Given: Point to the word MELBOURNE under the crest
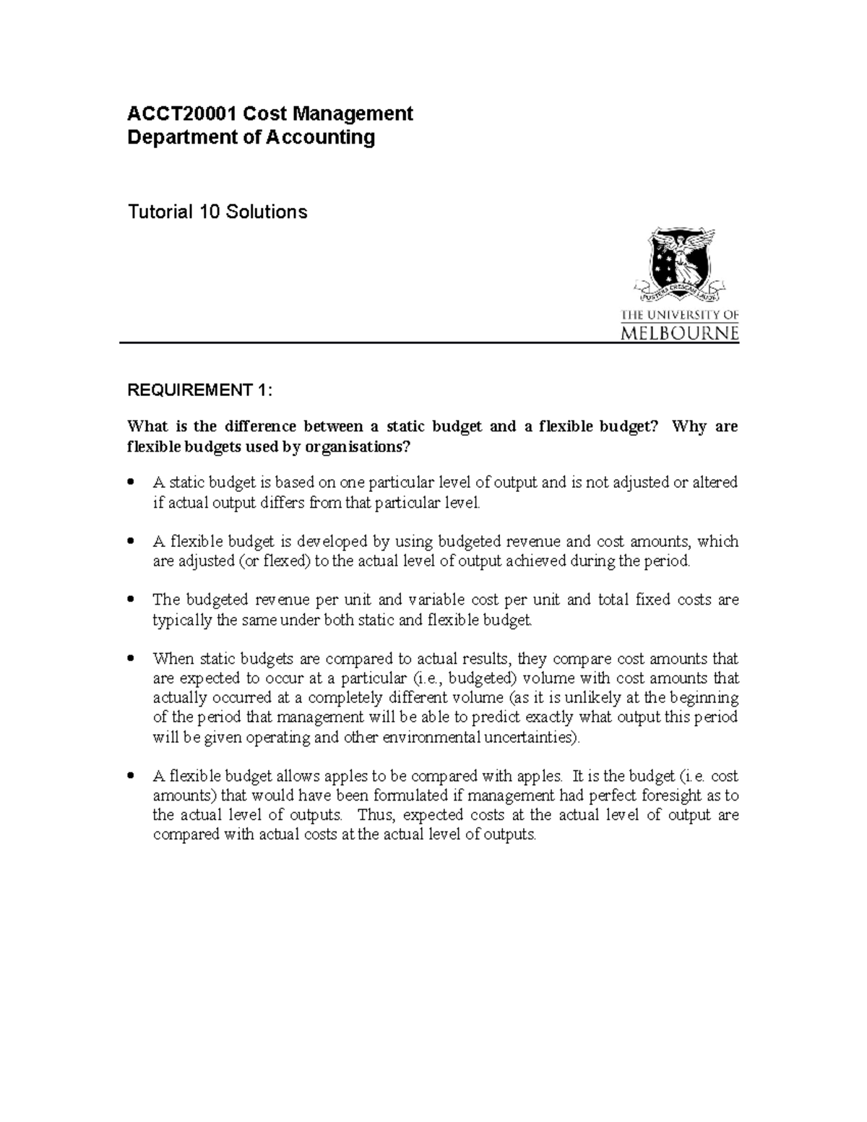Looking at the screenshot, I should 680,333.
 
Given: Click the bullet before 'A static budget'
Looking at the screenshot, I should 131,482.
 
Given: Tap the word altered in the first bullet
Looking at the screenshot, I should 715,483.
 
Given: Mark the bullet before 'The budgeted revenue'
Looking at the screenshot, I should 131,600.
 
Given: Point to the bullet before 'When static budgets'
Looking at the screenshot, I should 131,659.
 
